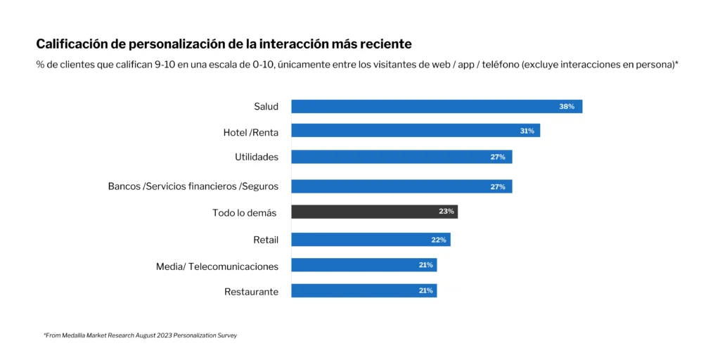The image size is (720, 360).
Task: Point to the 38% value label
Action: pyautogui.click(x=567, y=106)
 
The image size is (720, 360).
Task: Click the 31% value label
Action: pyautogui.click(x=527, y=131)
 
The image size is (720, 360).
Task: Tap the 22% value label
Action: pyautogui.click(x=439, y=240)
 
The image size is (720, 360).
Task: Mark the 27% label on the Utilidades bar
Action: pyautogui.click(x=498, y=157)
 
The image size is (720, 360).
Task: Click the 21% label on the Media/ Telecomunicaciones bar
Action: pyautogui.click(x=425, y=265)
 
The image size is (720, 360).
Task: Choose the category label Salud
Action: pyautogui.click(x=266, y=107)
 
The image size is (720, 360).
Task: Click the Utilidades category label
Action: pyautogui.click(x=256, y=157)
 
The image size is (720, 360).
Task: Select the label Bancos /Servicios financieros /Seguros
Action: pyautogui.click(x=193, y=186)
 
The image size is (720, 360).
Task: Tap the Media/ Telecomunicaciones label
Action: pyautogui.click(x=217, y=266)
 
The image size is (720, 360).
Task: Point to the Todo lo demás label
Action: pyautogui.click(x=244, y=212)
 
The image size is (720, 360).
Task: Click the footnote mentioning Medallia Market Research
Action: pyautogui.click(x=140, y=335)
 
